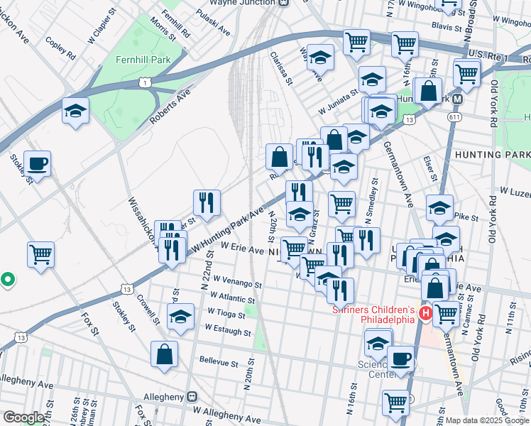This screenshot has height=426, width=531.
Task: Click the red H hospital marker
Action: point(426,313)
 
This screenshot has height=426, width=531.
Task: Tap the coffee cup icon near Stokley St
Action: point(37,163)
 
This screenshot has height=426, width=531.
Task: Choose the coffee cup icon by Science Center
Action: point(401,359)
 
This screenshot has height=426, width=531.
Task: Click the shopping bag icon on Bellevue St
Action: point(164,354)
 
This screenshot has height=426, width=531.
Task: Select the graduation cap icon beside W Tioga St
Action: point(181,316)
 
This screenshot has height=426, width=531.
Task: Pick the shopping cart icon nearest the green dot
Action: point(41,254)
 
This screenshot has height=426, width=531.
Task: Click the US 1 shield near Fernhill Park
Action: point(145,84)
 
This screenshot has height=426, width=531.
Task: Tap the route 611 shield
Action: point(453,116)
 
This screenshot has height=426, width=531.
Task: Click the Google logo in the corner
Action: point(23,417)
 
